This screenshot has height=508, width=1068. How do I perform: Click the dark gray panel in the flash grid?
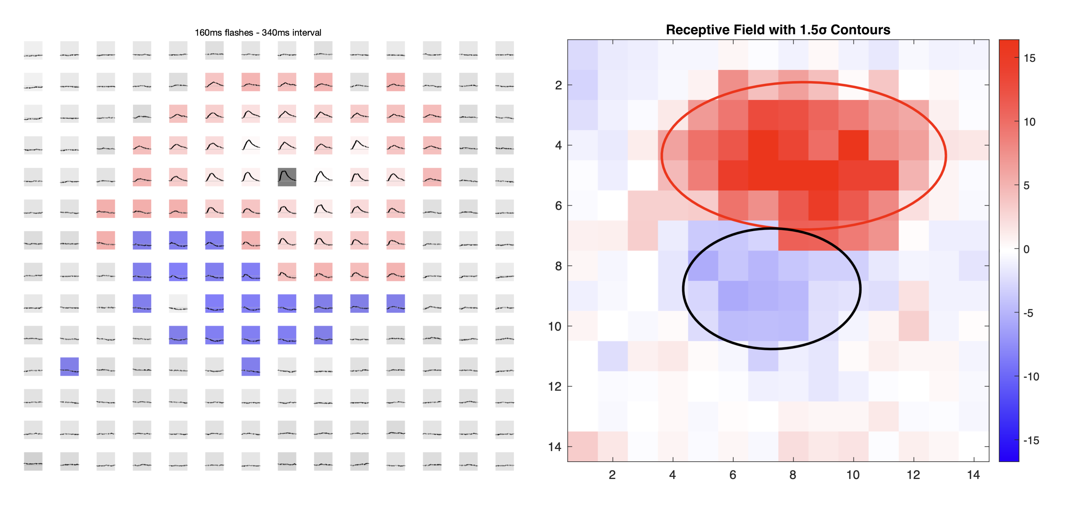tap(287, 177)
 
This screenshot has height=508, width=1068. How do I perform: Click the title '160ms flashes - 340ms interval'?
tap(258, 33)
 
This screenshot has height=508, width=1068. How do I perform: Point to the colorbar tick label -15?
tap(1031, 440)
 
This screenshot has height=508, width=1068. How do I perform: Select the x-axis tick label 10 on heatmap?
tap(853, 475)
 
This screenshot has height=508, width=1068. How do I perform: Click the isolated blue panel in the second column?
tap(69, 366)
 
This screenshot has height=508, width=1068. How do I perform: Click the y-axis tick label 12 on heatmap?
tap(555, 386)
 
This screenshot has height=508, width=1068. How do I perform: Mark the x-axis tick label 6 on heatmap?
tap(732, 475)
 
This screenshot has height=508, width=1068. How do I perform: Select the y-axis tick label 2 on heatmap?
tap(558, 85)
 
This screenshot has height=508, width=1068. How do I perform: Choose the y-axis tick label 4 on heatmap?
tap(558, 145)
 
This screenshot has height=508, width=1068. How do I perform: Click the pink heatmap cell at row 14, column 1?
tap(583, 446)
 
